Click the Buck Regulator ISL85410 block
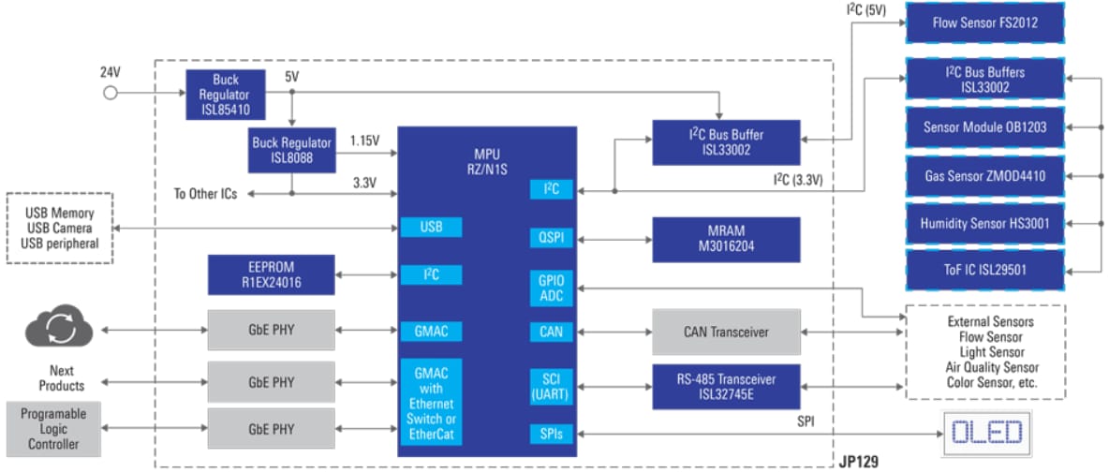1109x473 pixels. (x=226, y=94)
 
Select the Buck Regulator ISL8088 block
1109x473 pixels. (x=291, y=151)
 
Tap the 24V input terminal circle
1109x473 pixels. (x=110, y=93)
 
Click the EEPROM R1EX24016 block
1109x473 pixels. (x=271, y=274)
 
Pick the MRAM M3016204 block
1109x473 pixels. (x=726, y=239)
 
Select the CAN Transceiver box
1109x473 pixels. (x=726, y=332)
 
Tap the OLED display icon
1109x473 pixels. (x=986, y=433)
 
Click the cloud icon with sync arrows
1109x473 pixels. (x=59, y=330)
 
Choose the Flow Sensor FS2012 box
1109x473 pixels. (x=984, y=22)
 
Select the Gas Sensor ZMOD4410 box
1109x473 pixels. (x=984, y=175)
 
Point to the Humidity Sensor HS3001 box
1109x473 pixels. (x=984, y=223)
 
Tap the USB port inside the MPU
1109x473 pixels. (x=431, y=228)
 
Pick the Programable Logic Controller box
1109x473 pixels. (x=52, y=429)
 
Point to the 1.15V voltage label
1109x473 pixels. (x=364, y=141)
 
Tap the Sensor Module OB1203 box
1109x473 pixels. (x=984, y=127)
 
